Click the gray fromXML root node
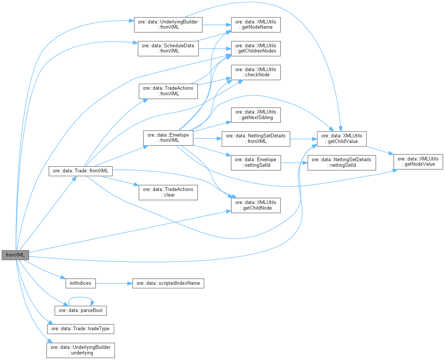(15, 255)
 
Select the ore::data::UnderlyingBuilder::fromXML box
(168, 25)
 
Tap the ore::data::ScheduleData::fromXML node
(168, 48)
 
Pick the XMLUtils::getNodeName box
(255, 25)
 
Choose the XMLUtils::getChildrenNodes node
(255, 48)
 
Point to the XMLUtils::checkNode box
(255, 72)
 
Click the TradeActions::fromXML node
(168, 91)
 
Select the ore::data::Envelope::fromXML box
(168, 138)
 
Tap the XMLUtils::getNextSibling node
(255, 115)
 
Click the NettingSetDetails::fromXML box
(255, 138)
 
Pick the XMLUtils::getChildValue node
(341, 138)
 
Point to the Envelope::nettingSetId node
(255, 162)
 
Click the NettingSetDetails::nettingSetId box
(341, 162)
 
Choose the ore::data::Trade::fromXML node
(80, 171)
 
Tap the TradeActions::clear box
(168, 192)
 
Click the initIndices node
(80, 283)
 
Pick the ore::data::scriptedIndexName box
(168, 283)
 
